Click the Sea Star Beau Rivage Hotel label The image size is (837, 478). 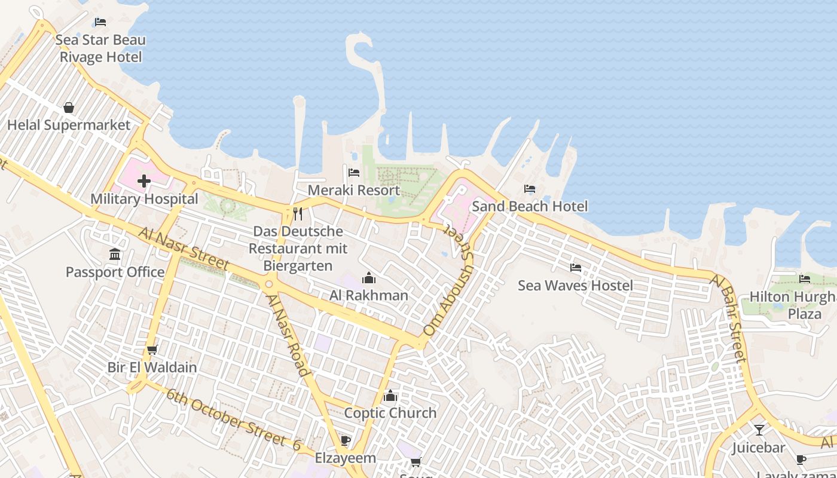coord(100,48)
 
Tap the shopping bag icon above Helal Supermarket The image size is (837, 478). coord(69,108)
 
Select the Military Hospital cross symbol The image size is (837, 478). coord(144,181)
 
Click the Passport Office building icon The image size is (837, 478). coord(115,255)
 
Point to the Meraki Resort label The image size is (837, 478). coord(353,190)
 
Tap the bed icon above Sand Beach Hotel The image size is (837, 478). coord(529,189)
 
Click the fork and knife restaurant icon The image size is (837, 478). coord(297,213)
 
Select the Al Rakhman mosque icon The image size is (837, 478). coord(369,278)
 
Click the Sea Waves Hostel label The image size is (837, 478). coord(575,285)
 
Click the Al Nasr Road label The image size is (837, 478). coord(288,335)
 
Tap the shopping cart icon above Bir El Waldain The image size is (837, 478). coord(152,350)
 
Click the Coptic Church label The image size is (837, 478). coord(390,413)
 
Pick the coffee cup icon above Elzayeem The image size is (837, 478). coord(345,441)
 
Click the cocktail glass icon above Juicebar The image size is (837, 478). coord(759,430)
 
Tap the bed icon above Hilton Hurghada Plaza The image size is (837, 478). coord(805,279)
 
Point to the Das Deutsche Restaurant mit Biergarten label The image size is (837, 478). coord(297,248)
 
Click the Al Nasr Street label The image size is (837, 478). coord(184,247)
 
